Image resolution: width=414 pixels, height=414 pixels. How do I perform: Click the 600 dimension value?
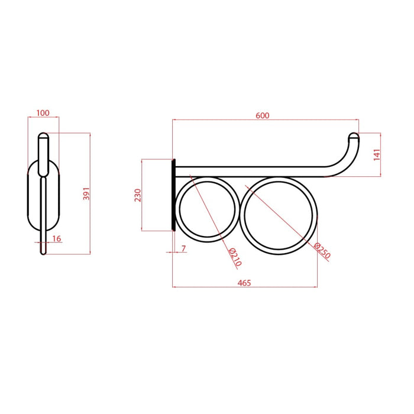(x=263, y=115)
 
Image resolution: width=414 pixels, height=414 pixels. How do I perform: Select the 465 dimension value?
(x=244, y=283)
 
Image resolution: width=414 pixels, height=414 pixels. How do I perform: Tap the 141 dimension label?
(x=377, y=154)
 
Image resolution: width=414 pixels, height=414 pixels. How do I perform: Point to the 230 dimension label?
(x=137, y=195)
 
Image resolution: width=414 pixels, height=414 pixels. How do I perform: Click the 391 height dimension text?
(x=86, y=193)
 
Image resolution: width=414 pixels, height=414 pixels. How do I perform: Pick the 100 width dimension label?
(x=43, y=113)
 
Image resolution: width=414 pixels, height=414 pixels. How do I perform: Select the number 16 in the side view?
(x=56, y=238)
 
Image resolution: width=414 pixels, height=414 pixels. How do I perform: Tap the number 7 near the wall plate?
(x=183, y=249)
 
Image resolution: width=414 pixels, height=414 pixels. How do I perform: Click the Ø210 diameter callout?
(x=235, y=255)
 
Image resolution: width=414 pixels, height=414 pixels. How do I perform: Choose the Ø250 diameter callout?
(x=322, y=251)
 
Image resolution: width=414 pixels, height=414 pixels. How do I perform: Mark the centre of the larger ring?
(x=279, y=215)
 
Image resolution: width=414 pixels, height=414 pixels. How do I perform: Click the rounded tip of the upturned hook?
(x=354, y=135)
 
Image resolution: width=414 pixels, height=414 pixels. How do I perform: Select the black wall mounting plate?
(x=173, y=195)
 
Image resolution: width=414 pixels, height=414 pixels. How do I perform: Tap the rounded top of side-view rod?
(x=43, y=136)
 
